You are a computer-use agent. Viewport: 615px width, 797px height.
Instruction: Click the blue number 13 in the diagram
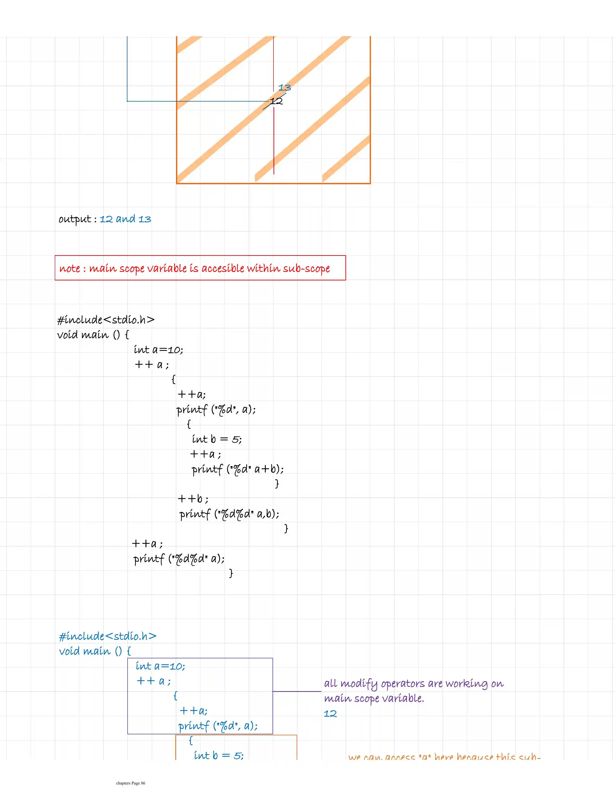(284, 88)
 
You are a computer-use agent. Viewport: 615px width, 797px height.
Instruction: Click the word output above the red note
(75, 219)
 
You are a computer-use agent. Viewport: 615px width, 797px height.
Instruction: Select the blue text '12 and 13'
(125, 219)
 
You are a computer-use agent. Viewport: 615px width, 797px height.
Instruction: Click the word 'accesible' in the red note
(223, 269)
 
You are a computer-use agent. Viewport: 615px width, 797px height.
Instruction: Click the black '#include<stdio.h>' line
(106, 320)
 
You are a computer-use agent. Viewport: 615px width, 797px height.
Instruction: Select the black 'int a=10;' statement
(158, 350)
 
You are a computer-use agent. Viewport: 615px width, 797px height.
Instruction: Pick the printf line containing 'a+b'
(238, 469)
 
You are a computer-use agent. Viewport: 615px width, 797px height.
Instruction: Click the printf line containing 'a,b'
(229, 514)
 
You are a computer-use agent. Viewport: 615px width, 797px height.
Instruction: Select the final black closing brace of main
(231, 573)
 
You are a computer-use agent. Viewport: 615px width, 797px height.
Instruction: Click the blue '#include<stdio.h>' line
(108, 636)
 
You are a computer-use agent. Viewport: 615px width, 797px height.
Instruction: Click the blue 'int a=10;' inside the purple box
(160, 666)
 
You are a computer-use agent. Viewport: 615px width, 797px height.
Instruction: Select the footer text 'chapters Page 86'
(131, 783)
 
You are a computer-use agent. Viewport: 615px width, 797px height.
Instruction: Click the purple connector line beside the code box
(297, 691)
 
